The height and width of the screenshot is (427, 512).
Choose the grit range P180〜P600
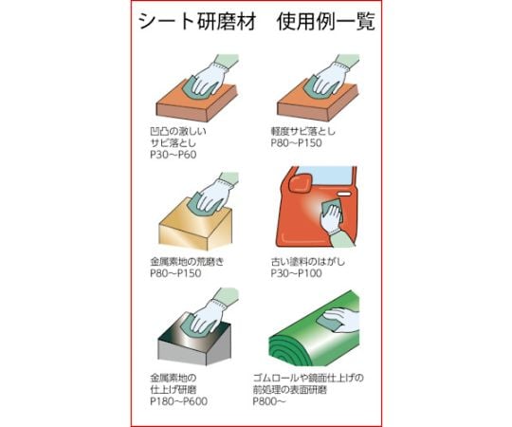click(x=181, y=401)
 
